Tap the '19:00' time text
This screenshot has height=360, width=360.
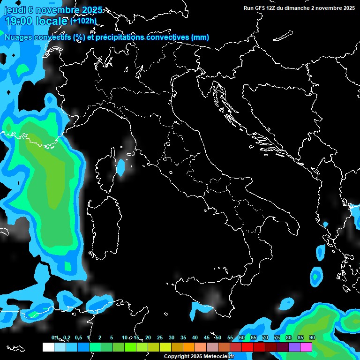tap(19, 21)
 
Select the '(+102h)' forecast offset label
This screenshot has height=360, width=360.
tap(83, 21)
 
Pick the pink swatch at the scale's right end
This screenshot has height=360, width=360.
tap(306, 347)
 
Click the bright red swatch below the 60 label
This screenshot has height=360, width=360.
tap(247, 347)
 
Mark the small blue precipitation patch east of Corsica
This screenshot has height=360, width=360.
tap(121, 167)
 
